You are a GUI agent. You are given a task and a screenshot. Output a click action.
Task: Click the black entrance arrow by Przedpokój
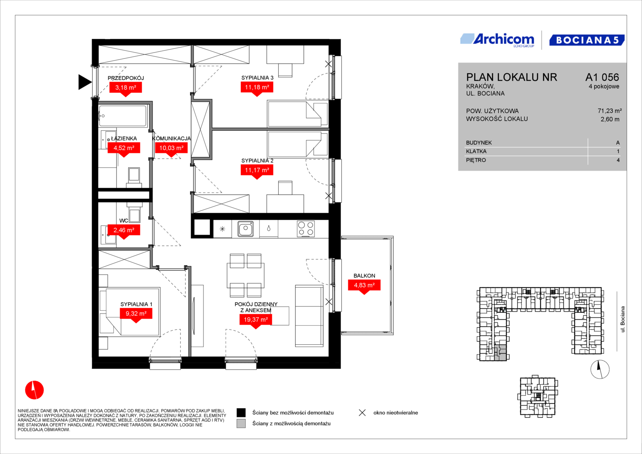coord(85,82)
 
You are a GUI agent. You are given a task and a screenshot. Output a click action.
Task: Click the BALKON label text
coord(364,276)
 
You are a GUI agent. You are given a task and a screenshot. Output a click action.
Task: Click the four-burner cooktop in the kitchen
coord(306,228)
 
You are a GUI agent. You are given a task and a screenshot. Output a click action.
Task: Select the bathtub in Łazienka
coord(123,116)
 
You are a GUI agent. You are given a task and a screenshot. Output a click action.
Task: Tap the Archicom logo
coord(497,40)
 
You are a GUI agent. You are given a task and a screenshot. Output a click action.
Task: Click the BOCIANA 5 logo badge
coord(587,40)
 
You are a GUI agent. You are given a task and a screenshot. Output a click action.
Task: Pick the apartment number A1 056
coord(602,77)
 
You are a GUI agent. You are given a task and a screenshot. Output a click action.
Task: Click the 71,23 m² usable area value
coord(610,111)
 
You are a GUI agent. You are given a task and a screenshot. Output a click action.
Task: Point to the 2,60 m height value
coord(610,119)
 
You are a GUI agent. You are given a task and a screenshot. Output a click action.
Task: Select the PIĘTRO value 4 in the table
coord(618,160)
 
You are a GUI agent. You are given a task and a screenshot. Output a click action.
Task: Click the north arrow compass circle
coord(600,370)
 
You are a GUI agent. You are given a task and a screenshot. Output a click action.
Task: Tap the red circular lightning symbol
coord(34,390)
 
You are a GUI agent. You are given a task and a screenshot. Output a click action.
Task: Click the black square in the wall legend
coord(241,413)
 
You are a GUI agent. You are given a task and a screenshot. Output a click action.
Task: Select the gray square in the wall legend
coord(241,424)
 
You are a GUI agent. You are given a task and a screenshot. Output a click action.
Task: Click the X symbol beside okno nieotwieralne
coord(362,413)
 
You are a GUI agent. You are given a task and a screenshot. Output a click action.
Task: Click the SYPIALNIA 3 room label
coord(257,78)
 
